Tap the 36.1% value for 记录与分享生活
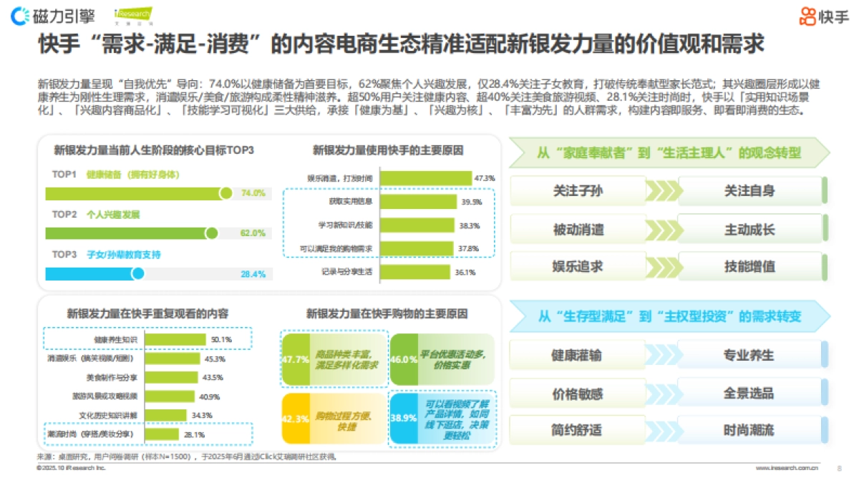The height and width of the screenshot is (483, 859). click(x=465, y=272)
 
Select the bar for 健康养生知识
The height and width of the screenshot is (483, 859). click(x=175, y=339)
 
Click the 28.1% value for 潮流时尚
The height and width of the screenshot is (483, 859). click(x=195, y=434)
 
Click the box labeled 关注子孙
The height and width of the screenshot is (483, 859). click(x=578, y=191)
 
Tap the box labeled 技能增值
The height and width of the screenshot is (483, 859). click(x=749, y=266)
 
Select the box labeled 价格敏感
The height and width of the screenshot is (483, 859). click(x=577, y=394)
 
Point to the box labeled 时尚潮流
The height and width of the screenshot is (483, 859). click(x=749, y=431)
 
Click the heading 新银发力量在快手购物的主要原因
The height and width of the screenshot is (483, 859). click(x=387, y=313)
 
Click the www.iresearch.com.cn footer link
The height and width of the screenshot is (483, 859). click(x=787, y=468)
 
